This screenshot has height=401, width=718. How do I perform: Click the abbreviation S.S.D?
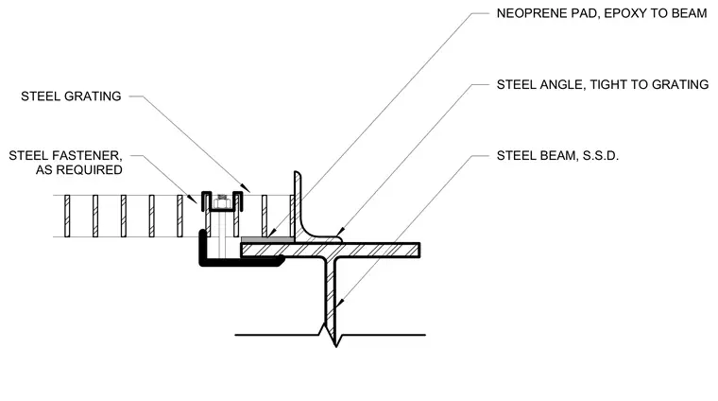coord(600,156)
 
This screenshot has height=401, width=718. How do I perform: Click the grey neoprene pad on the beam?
coord(267,239)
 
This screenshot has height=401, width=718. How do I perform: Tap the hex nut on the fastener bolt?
coord(222,201)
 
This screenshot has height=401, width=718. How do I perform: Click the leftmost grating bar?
coord(67,216)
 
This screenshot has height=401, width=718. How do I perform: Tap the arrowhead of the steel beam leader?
coord(339,303)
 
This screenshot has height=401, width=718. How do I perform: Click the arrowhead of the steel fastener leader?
coord(195,200)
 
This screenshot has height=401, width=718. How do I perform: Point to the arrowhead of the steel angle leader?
coord(339,232)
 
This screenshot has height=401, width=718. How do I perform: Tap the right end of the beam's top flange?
coord(419,251)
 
